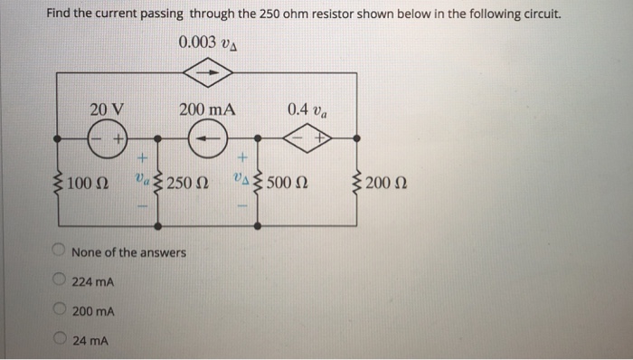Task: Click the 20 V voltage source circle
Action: (x=107, y=139)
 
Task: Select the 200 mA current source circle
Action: (x=207, y=139)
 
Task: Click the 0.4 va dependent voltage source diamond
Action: (x=307, y=139)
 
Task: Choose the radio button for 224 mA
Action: (x=58, y=280)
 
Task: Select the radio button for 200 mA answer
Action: (x=58, y=310)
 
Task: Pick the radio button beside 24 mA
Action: (x=58, y=341)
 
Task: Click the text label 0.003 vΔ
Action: (x=208, y=43)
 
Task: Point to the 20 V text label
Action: (x=107, y=109)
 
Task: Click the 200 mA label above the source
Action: (x=207, y=109)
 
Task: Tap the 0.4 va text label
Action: (x=307, y=109)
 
